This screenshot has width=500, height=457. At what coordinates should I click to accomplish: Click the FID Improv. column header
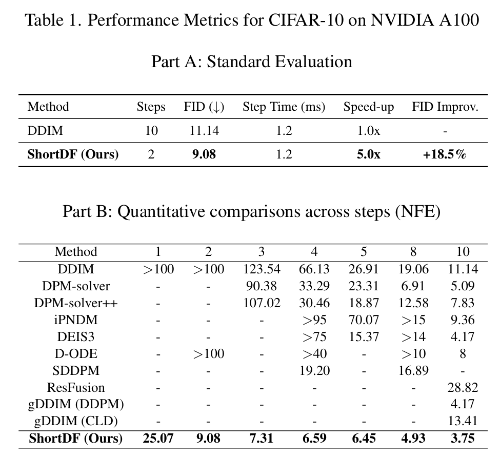pos(445,107)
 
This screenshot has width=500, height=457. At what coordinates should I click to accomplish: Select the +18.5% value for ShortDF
pos(445,154)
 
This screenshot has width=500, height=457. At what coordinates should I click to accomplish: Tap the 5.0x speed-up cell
pos(369,154)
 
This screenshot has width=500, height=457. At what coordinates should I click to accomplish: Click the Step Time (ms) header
pos(284,107)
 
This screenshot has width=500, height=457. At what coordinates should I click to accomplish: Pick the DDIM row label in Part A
pos(45,131)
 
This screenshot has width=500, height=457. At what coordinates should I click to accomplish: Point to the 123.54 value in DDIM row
pos(262,269)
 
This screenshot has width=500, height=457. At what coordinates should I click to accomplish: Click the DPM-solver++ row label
pos(76,303)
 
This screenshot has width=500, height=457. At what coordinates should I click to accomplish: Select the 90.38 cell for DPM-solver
pos(262,286)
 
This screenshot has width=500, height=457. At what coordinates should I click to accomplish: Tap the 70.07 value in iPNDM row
pos(364,320)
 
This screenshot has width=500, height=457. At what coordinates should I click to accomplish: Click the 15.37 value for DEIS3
pos(364,337)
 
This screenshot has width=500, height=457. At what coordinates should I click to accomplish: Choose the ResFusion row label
pos(76,387)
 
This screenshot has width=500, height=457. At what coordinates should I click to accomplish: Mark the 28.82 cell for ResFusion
pos(463,387)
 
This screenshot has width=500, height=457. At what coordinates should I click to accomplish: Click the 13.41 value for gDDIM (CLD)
pos(463,421)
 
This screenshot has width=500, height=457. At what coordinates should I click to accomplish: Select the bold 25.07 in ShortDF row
pos(158,438)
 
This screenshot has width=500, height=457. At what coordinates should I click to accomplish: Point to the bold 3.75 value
pos(463,438)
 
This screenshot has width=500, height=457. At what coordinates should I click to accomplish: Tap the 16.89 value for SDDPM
pos(413,370)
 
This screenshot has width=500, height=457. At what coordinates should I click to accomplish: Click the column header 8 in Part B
pos(413,252)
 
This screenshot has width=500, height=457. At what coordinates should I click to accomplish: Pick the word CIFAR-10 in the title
pos(306,20)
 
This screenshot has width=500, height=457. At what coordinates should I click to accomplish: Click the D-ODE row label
pos(76,354)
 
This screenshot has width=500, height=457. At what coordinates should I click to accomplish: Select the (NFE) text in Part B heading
pos(418,211)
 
